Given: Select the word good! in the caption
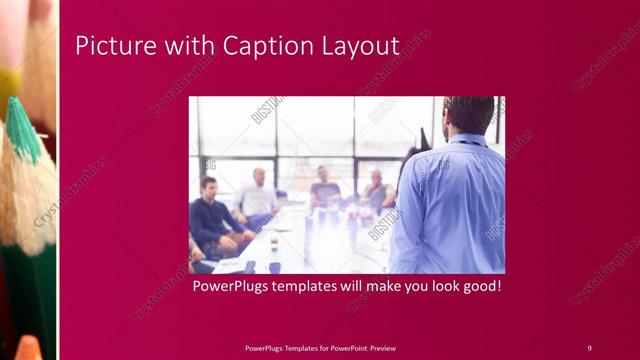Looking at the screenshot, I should click(478, 287).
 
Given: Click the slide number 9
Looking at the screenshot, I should click(589, 347).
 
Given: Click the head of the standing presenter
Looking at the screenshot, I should click(468, 116).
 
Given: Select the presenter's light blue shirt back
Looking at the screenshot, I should click(450, 205).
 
